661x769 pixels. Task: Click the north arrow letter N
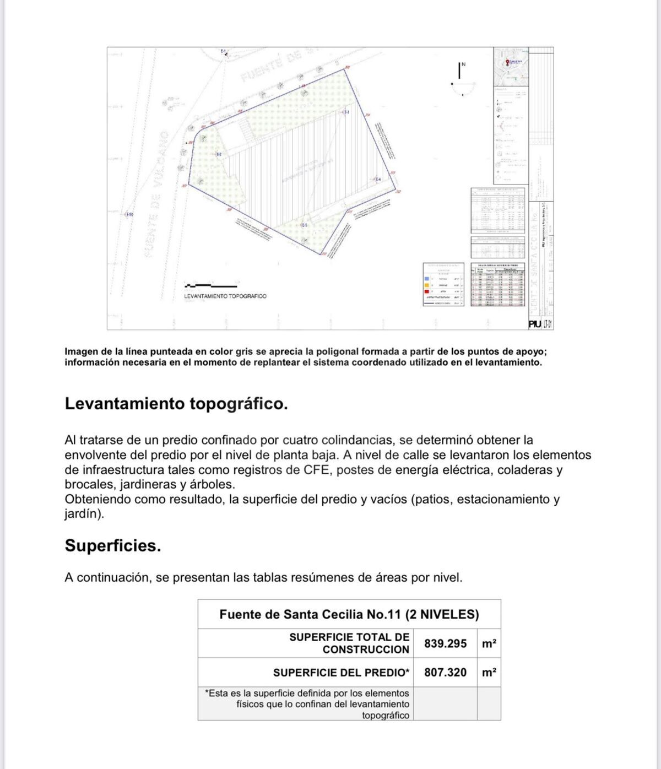point(463,64)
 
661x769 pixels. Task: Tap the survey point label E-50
point(129,214)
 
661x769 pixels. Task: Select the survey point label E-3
point(346,112)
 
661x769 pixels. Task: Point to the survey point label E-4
point(378,180)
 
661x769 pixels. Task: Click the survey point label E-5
point(304,225)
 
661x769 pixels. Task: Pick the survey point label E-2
point(219,154)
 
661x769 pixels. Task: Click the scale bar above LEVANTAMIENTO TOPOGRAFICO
point(211,285)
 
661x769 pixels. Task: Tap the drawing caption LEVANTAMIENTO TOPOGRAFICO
point(225,296)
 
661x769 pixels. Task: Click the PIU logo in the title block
point(534,324)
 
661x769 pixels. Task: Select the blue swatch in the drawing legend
point(427,279)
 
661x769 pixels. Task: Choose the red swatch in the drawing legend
point(427,291)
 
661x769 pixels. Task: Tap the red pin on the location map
point(507,62)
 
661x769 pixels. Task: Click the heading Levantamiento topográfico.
point(176,404)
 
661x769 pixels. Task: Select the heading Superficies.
point(113,546)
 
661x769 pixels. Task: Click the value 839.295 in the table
point(445,643)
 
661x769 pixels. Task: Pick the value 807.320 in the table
point(445,673)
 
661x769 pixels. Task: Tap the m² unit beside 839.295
point(489,643)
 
